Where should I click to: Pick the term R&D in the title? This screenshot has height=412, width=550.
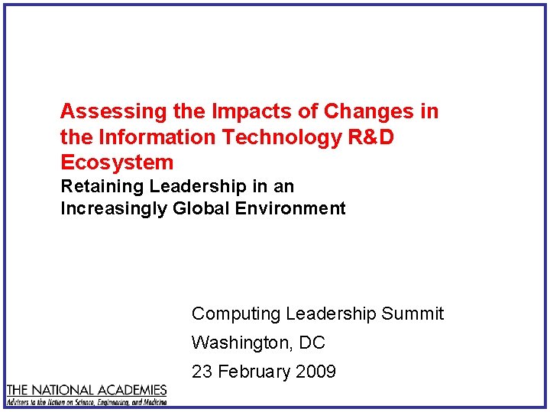point(370,137)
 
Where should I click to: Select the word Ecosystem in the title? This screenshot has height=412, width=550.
point(117,163)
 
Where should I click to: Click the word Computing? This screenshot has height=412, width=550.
point(236,314)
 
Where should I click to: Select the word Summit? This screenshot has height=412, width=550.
point(412,314)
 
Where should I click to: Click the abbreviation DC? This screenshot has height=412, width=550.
point(312,343)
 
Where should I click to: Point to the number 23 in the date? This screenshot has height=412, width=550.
point(202,372)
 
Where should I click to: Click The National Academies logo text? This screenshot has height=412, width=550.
point(86,390)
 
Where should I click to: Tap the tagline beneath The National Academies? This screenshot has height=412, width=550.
point(86,401)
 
